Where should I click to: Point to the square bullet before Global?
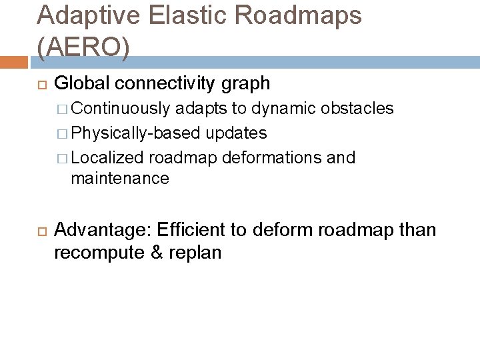tap(39, 84)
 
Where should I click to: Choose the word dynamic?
tap(287, 108)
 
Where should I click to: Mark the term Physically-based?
tap(135, 133)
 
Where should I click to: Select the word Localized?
tap(107, 158)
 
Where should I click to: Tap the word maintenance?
tap(120, 179)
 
